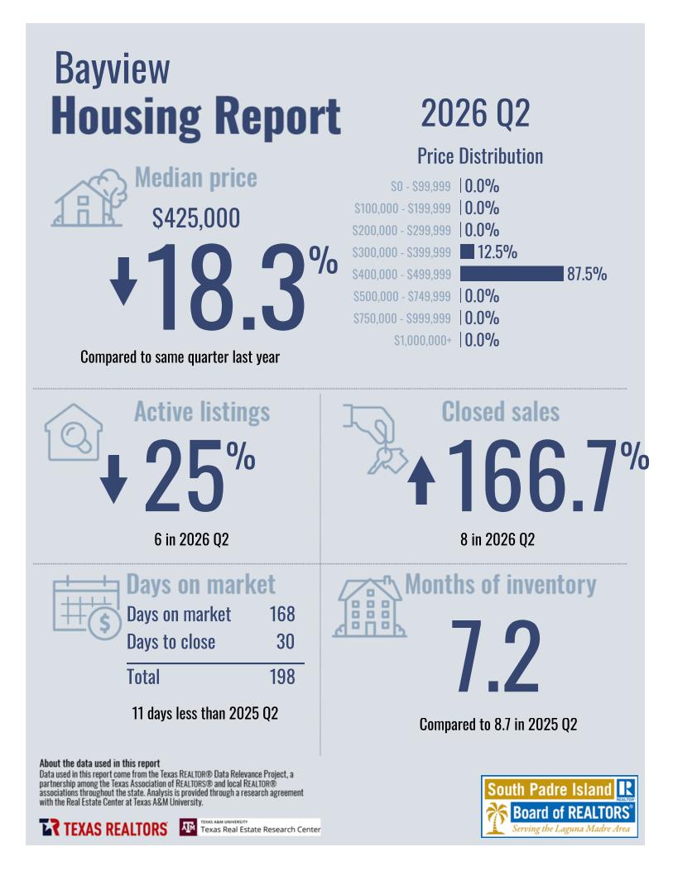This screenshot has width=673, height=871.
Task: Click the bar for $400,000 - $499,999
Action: (x=512, y=274)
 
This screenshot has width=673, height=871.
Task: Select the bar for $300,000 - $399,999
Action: (x=467, y=251)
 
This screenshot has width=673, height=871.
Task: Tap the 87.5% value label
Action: (x=587, y=274)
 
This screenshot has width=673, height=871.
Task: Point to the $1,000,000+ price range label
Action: (x=422, y=340)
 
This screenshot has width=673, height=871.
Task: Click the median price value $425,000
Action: (x=196, y=218)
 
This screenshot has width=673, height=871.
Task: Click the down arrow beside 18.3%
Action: (x=123, y=281)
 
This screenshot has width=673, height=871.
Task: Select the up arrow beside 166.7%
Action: (x=421, y=481)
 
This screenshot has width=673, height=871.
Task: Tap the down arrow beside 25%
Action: (x=114, y=479)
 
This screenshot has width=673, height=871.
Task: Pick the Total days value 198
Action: (x=282, y=677)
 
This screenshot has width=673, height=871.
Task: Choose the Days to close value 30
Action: (x=285, y=642)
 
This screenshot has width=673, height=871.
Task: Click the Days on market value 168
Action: (x=282, y=614)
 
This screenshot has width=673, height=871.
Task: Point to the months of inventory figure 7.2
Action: (x=495, y=657)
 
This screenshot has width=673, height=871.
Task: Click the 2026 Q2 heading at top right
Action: (x=475, y=113)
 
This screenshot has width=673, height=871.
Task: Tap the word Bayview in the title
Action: (x=112, y=69)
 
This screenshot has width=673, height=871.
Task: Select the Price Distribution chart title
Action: (x=480, y=156)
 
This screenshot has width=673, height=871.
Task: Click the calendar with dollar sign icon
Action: (x=87, y=608)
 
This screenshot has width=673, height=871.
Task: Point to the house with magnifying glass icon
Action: (x=74, y=432)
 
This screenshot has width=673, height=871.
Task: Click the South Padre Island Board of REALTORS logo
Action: (x=559, y=806)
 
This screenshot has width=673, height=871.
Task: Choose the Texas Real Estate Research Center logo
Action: (x=250, y=827)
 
